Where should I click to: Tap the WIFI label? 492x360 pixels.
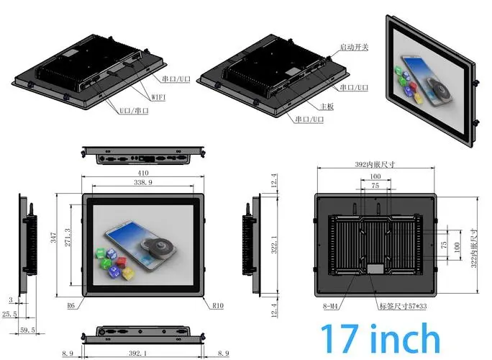160,96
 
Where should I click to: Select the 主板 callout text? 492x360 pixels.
347,106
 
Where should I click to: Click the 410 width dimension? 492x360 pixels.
143,174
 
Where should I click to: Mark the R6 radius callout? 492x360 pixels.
72,305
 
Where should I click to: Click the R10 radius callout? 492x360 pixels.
218,305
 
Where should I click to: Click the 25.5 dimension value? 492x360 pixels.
9,314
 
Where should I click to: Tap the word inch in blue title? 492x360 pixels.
405,338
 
